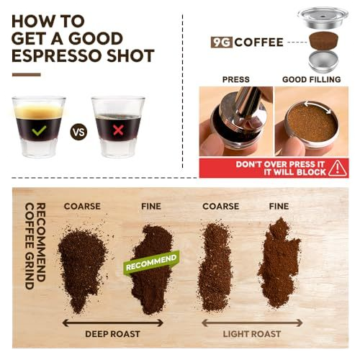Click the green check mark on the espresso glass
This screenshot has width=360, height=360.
pos(39,131)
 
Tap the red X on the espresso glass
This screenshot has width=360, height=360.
pos(118,130)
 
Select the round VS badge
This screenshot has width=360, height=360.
pos(78,132)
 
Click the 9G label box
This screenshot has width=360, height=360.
pos(221,42)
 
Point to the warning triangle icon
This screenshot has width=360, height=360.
pos(337,168)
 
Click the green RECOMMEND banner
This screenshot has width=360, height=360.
pos(151,262)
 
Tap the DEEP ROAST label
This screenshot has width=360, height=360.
pos(112,334)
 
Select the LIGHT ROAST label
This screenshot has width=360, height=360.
pos(252,334)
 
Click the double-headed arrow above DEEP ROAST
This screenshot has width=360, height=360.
pos(113,323)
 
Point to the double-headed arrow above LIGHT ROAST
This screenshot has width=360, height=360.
pos(252,323)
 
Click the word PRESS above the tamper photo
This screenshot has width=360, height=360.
pos(236,79)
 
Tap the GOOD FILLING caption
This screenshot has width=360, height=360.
pos(312,79)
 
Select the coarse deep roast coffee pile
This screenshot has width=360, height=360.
pos(81,266)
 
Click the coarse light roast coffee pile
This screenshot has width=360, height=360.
pos(215,266)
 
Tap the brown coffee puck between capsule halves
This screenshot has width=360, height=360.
pos(323,40)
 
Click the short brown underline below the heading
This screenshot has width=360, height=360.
pos(27,75)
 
